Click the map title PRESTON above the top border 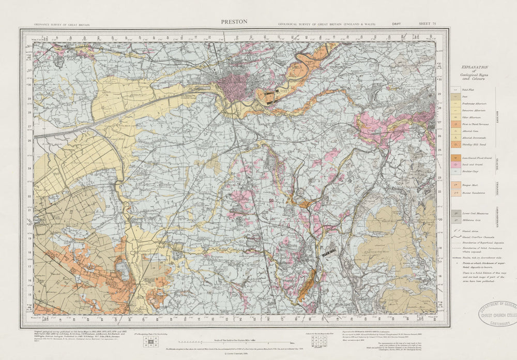click(x=234, y=22)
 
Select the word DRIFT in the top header click(x=397, y=24)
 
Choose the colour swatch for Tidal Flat click(x=455, y=89)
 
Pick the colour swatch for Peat click(x=455, y=97)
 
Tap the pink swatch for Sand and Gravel click(x=455, y=163)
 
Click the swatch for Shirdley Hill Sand click(x=455, y=144)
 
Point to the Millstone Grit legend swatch click(x=455, y=220)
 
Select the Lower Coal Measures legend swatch click(x=455, y=213)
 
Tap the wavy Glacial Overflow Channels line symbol click(x=455, y=236)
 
